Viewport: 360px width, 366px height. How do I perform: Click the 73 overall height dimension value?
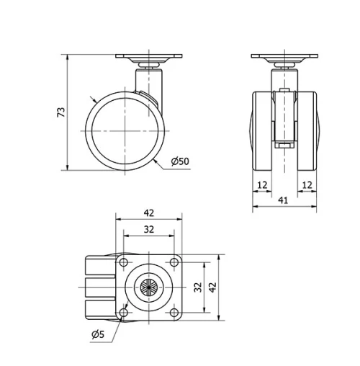(x=62, y=112)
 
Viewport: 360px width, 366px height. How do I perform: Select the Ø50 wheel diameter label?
(x=180, y=161)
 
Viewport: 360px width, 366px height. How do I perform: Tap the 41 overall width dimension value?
(x=284, y=201)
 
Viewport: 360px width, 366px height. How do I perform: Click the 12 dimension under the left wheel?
(x=262, y=185)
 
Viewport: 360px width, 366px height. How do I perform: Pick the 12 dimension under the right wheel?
(x=306, y=185)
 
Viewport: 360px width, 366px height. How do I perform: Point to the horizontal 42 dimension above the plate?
(x=149, y=213)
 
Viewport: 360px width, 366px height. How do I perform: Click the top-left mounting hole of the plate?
(x=124, y=261)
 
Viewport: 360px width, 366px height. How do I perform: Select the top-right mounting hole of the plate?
(x=174, y=261)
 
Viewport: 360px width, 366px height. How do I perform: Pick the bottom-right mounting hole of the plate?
(x=174, y=311)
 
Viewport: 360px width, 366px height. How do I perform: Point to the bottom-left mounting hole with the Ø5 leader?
(x=124, y=311)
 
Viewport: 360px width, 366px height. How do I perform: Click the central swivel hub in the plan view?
(x=149, y=286)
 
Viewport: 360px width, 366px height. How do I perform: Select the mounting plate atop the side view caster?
(x=149, y=56)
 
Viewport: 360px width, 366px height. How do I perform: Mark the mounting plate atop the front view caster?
(x=284, y=56)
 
